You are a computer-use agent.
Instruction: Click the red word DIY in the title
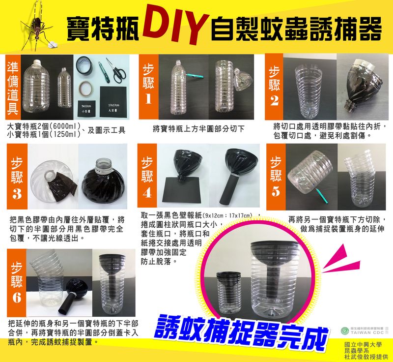point(174,25)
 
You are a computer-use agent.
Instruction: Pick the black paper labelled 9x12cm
point(88,108)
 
